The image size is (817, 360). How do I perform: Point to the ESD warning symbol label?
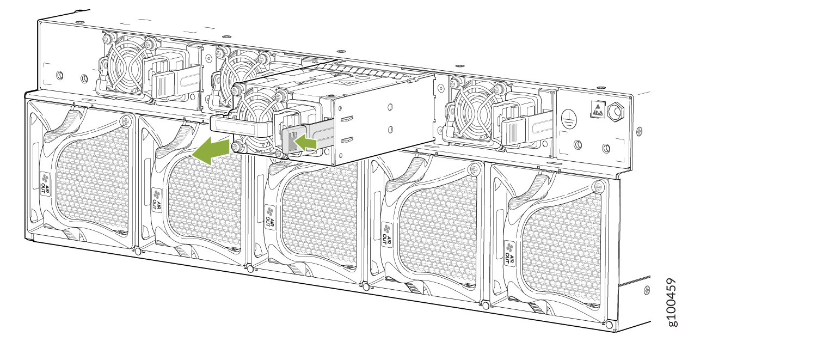598,109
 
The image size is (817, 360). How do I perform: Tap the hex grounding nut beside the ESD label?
616,112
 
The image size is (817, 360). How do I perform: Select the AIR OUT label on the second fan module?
157,200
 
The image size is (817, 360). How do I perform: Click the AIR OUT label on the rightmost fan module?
509,253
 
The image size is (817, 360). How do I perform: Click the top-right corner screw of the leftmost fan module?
127,120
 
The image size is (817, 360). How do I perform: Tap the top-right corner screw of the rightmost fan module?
599,187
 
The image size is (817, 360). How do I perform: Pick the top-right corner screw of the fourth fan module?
474,169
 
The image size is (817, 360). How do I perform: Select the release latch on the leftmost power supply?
163,85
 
